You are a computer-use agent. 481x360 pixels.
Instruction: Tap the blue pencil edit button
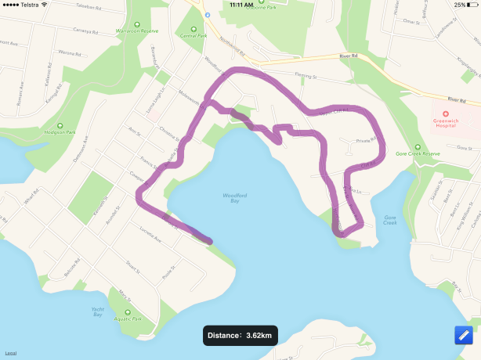click(x=464, y=335)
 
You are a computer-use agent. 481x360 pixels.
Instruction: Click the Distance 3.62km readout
click(x=240, y=336)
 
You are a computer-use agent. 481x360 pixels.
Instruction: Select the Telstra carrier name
click(x=29, y=5)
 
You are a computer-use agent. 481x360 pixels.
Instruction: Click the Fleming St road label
click(x=306, y=77)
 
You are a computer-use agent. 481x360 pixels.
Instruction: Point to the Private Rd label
click(x=366, y=141)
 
